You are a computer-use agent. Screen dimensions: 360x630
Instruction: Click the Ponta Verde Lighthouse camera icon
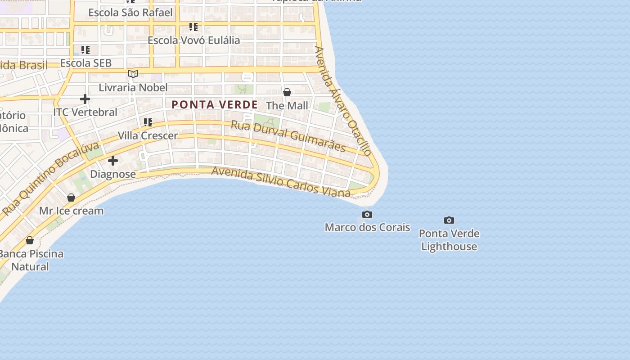pyautogui.click(x=449, y=220)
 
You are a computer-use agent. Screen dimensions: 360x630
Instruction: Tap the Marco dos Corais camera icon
pyautogui.click(x=367, y=214)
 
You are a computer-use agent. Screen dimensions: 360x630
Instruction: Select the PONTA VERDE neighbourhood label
pyautogui.click(x=215, y=104)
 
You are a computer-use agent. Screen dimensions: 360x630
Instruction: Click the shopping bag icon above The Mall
pyautogui.click(x=287, y=92)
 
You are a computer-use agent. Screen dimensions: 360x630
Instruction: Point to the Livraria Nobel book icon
pyautogui.click(x=133, y=74)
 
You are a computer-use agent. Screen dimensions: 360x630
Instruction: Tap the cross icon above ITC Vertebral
pyautogui.click(x=85, y=99)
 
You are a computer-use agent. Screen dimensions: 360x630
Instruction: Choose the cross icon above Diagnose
pyautogui.click(x=113, y=160)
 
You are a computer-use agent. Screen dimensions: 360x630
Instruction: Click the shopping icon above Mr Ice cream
pyautogui.click(x=71, y=197)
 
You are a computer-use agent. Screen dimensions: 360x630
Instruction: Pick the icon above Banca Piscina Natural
pyautogui.click(x=30, y=240)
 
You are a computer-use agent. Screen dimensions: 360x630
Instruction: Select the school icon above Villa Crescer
pyautogui.click(x=148, y=122)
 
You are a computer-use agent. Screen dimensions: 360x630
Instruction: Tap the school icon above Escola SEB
pyautogui.click(x=85, y=49)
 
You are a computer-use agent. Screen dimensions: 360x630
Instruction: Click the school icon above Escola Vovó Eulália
pyautogui.click(x=193, y=27)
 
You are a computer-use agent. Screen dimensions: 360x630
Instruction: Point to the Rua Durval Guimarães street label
pyautogui.click(x=288, y=136)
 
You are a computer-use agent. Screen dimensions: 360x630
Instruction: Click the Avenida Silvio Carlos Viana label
pyautogui.click(x=281, y=182)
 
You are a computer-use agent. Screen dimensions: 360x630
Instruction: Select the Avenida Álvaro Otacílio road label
pyautogui.click(x=343, y=101)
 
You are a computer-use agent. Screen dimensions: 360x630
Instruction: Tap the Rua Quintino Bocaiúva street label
pyautogui.click(x=50, y=178)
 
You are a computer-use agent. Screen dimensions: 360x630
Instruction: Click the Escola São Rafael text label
pyautogui.click(x=130, y=12)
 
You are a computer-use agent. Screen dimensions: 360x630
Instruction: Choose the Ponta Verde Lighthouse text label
pyautogui.click(x=449, y=240)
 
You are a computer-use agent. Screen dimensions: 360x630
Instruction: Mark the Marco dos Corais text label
pyautogui.click(x=367, y=227)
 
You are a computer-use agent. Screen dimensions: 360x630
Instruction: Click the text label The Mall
pyautogui.click(x=287, y=106)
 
